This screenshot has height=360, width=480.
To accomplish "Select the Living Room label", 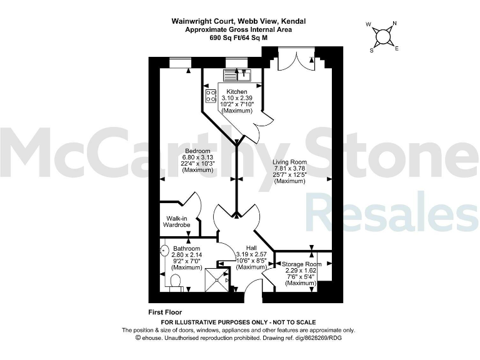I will pyautogui.click(x=289, y=162).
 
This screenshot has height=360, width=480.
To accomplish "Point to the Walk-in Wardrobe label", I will pyautogui.click(x=176, y=221).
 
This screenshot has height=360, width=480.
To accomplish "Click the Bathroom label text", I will pyautogui.click(x=187, y=249).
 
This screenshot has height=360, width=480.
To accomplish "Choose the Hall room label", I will pyautogui.click(x=251, y=247).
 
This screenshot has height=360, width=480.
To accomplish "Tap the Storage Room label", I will pyautogui.click(x=301, y=264).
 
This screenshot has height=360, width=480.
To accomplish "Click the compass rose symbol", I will pyautogui.click(x=384, y=36).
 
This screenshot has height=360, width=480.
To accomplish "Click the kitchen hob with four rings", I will pyautogui.click(x=210, y=95).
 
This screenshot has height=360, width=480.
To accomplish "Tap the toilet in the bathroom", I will pyautogui.click(x=175, y=281).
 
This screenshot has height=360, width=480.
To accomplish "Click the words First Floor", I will pyautogui.click(x=165, y=312).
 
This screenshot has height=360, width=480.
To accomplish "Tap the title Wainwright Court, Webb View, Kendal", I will pyautogui.click(x=239, y=21).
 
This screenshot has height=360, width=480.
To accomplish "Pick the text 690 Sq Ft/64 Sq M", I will pyautogui.click(x=239, y=37).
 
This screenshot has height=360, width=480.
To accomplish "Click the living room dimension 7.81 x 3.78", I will pyautogui.click(x=289, y=169).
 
